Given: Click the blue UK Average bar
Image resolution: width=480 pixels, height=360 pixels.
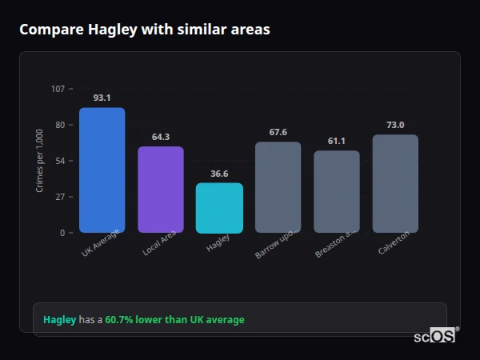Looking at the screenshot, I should click(x=102, y=170).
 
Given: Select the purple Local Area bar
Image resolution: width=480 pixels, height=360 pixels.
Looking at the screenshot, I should click(x=160, y=190).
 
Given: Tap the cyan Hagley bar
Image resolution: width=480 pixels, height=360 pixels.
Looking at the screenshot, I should click(x=219, y=208).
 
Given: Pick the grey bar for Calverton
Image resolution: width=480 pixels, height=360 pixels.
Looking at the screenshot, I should click(x=395, y=184).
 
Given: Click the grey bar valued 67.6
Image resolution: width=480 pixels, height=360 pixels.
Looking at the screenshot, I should click(x=278, y=187).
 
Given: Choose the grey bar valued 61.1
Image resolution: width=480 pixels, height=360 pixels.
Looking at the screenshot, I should click(x=336, y=192).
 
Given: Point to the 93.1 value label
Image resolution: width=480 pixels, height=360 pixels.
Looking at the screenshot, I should click(x=102, y=98).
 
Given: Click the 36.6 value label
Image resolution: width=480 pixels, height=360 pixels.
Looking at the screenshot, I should click(x=219, y=174).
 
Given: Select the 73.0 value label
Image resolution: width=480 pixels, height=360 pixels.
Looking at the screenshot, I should click(x=395, y=125).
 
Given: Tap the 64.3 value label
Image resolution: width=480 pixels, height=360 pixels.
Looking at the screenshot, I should click(x=160, y=137).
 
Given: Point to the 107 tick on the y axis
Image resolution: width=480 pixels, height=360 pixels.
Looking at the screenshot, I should click(x=58, y=89).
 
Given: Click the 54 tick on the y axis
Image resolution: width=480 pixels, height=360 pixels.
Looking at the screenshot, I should click(x=60, y=161).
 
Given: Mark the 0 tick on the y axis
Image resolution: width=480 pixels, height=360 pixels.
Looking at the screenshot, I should click(x=62, y=233).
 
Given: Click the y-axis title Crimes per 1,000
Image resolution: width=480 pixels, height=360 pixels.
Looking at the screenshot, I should click(x=40, y=161).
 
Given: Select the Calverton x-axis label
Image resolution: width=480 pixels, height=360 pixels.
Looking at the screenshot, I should click(x=394, y=243).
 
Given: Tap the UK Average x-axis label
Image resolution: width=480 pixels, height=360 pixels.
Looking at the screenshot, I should click(x=100, y=243).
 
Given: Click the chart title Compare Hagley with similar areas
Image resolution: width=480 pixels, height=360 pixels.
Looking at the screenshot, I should click(x=145, y=30).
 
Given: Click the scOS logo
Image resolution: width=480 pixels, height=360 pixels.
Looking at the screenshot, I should click(x=435, y=336).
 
